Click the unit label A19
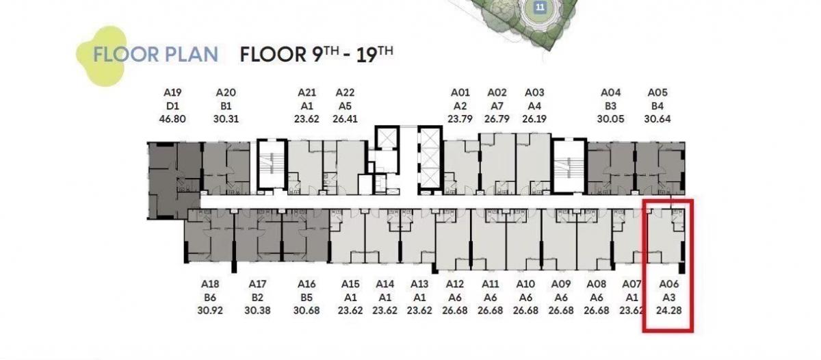point(172,92)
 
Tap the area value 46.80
point(172,119)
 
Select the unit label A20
point(226,92)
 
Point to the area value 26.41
point(345,119)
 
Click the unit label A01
point(460,92)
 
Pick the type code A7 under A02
point(497,106)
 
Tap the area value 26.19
point(534,119)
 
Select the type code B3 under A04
point(610,106)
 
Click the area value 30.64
point(657,119)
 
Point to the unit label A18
point(210,284)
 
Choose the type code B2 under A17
point(257,297)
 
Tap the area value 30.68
point(307,311)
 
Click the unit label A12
point(455,284)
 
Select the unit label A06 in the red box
point(669,284)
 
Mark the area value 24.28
point(669,311)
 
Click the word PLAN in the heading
point(192,55)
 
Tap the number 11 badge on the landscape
point(540,7)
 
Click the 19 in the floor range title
point(367,55)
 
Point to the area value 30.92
point(210,311)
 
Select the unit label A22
point(345,92)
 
